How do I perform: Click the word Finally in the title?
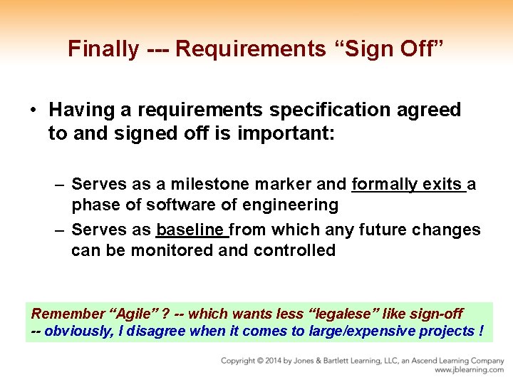[103, 48]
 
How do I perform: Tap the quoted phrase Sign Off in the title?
[388, 48]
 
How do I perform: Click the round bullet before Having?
[33, 111]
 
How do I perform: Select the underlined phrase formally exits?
[408, 185]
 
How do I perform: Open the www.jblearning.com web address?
[469, 370]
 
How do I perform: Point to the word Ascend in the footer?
[418, 361]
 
